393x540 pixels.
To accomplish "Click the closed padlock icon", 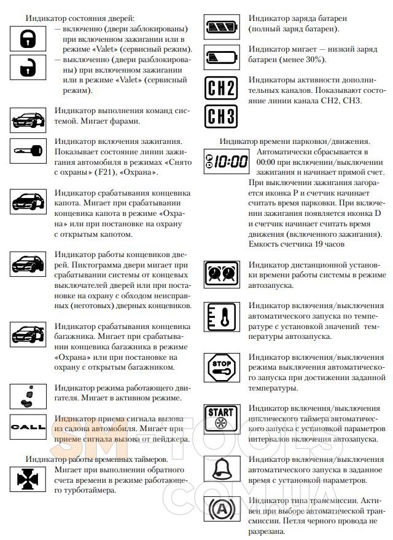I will click(x=27, y=39).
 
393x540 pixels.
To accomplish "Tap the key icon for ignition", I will click(x=28, y=150).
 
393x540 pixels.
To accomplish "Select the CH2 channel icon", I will click(x=221, y=87).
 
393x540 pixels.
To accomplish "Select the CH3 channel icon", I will click(x=221, y=115).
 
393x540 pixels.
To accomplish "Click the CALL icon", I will click(x=27, y=426).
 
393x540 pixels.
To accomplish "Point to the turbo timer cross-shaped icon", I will click(x=27, y=478).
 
